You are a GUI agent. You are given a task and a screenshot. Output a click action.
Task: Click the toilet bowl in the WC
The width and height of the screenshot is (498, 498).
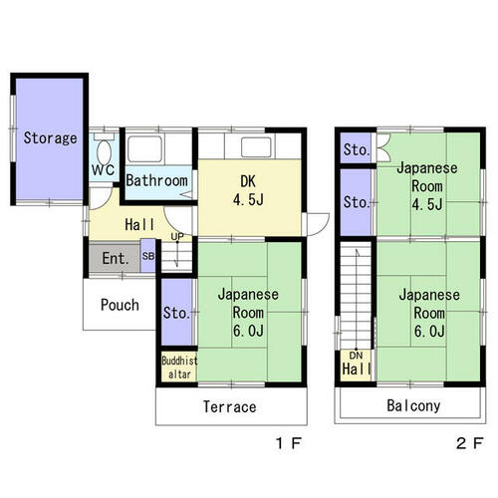point(104,152)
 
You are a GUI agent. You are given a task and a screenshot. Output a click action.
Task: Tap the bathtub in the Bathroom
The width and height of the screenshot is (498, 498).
point(145,148)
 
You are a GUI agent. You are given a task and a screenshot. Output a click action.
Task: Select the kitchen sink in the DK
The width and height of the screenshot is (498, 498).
point(256,146)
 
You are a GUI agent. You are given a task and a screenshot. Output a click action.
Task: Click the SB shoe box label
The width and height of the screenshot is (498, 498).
point(148,256)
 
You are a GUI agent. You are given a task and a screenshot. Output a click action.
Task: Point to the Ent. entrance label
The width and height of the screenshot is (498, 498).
point(116,258)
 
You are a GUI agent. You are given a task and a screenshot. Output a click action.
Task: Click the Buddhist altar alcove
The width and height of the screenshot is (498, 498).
point(179,367)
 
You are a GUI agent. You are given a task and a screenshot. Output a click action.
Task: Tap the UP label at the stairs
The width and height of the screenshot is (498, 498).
point(177,237)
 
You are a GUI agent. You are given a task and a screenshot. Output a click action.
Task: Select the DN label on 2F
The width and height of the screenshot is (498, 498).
point(356,356)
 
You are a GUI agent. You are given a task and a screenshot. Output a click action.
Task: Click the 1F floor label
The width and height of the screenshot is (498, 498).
point(289,443)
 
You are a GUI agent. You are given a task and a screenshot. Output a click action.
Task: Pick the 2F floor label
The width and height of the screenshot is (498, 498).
point(469,443)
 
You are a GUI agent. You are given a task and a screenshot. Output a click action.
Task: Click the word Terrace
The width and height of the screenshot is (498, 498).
point(229,406)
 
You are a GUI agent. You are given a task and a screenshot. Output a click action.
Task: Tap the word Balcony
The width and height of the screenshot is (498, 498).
point(413,405)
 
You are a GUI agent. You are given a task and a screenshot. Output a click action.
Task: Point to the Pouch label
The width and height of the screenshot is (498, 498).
point(120,305)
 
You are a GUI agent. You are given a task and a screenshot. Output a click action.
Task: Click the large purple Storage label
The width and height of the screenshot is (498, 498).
point(50,137)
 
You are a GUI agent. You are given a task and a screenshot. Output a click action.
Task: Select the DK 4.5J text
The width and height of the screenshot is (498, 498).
point(248,190)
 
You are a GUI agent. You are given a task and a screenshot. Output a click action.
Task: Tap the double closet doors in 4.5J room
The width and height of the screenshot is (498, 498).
point(383,148)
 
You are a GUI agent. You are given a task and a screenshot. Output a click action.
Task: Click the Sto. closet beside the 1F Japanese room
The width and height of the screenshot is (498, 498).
point(177,312)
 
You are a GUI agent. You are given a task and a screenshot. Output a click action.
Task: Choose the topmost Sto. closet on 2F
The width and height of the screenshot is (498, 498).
point(356,148)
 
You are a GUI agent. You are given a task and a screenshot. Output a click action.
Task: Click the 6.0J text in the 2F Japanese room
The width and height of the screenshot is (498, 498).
point(429,331)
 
